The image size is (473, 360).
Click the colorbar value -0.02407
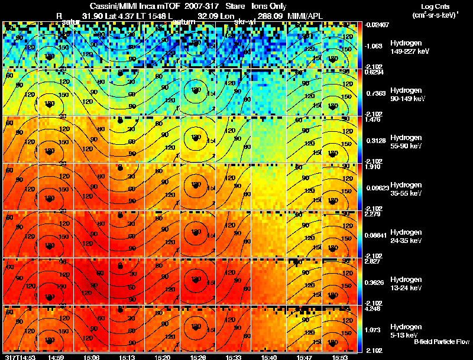tap(375, 25)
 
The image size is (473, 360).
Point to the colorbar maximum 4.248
tap(373, 307)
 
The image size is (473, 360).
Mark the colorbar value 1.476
tap(372, 119)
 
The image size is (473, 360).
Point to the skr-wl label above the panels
tap(244, 22)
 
